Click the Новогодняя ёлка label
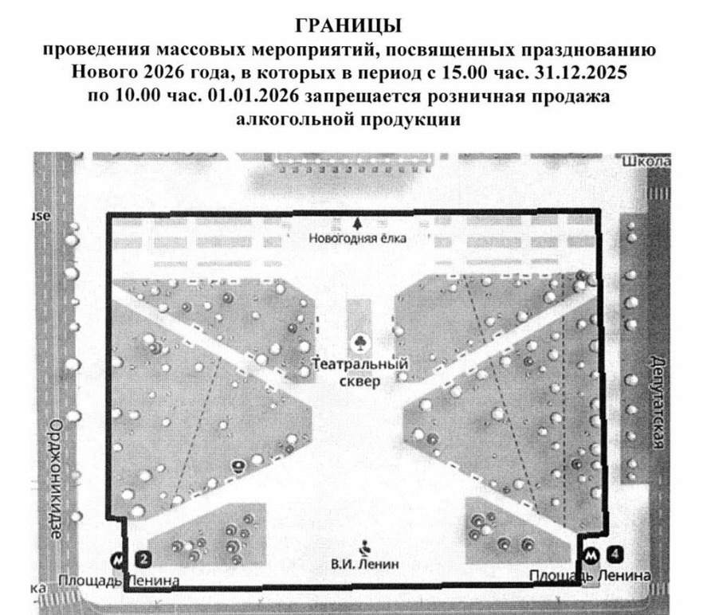pos(356,238)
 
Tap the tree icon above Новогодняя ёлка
pos(357,222)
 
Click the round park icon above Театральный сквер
pos(360,343)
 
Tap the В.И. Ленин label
pos(364,565)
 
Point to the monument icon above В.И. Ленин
pos(365,547)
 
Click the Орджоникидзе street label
pos(55,477)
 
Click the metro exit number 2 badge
pos(144,558)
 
